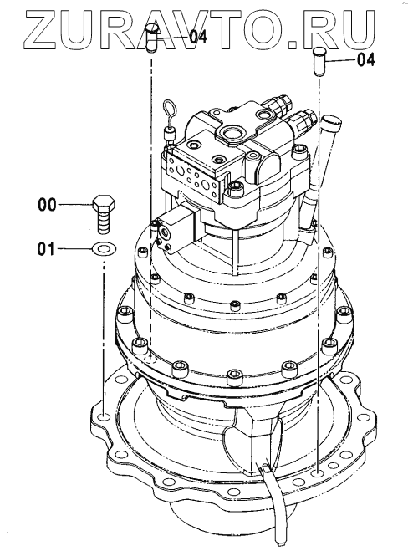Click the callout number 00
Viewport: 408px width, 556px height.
pos(47,205)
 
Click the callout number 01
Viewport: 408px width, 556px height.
pos(47,249)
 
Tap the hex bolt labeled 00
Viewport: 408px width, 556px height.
pos(104,213)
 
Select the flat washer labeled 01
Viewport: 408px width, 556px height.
pos(104,249)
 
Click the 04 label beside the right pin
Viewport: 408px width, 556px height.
pos(366,60)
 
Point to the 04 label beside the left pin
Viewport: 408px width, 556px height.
pos(198,37)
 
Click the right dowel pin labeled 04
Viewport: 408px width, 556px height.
pos(319,63)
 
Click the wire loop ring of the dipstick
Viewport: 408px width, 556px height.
pos(169,110)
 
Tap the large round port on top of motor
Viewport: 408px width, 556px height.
pos(232,133)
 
